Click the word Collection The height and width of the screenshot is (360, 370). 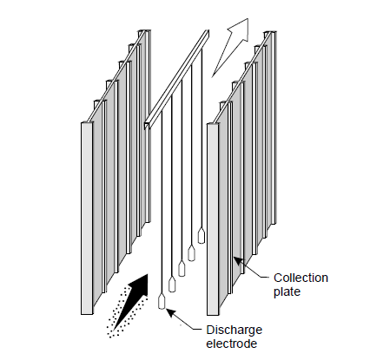pyautogui.click(x=301, y=278)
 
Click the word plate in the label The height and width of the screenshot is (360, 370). pyautogui.click(x=287, y=291)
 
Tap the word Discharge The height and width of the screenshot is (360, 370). pyautogui.click(x=235, y=330)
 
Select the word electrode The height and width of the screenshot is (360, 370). pyautogui.click(x=232, y=344)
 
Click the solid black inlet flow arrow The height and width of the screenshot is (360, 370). pyautogui.click(x=132, y=301)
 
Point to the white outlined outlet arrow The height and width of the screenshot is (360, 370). pyautogui.click(x=232, y=46)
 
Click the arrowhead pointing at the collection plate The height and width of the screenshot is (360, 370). pyautogui.click(x=238, y=261)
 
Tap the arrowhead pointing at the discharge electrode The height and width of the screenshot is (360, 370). pyautogui.click(x=171, y=313)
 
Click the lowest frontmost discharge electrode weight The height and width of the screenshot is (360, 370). pyautogui.click(x=162, y=302)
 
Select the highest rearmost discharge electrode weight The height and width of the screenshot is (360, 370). pyautogui.click(x=202, y=236)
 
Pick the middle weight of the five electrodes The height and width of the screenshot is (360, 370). pyautogui.click(x=182, y=268)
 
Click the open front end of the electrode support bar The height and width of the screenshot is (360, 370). pyautogui.click(x=148, y=125)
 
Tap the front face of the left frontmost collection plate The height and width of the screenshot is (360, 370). pyautogui.click(x=87, y=218)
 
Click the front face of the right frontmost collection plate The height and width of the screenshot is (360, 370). pyautogui.click(x=213, y=219)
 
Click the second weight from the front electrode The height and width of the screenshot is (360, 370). pyautogui.click(x=172, y=285)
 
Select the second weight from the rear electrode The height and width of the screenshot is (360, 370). pyautogui.click(x=191, y=253)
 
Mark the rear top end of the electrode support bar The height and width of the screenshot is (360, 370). pyautogui.click(x=207, y=33)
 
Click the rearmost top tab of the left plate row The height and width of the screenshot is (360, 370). pyautogui.click(x=144, y=31)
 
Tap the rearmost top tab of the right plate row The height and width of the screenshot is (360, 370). pyautogui.click(x=270, y=33)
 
